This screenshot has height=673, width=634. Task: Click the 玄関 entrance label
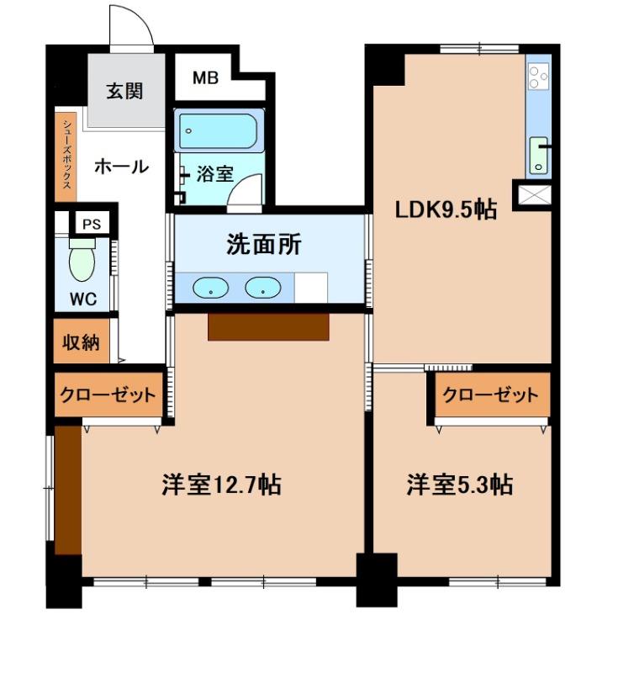(124, 92)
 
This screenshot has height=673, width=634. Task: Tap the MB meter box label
(205, 79)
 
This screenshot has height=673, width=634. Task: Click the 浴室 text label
(214, 175)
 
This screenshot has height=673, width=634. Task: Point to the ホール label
(121, 167)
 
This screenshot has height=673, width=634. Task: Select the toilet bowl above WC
(82, 261)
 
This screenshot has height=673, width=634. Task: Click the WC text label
(82, 299)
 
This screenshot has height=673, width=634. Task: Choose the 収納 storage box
(82, 342)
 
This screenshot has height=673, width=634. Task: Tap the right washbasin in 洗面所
(261, 288)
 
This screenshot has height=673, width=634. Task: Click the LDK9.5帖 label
(446, 209)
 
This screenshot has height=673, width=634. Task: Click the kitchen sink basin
(537, 154)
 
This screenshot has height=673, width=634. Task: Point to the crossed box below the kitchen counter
(534, 196)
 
